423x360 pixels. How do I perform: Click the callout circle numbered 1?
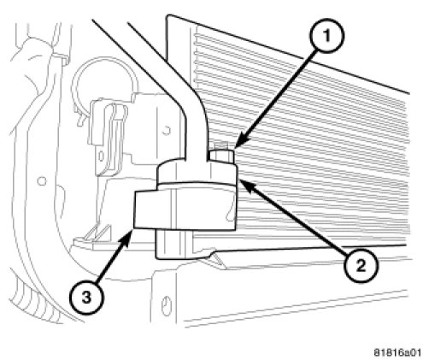[x=327, y=36]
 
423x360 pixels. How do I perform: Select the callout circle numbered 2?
[x=361, y=266]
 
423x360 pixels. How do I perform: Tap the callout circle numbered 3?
[x=86, y=298]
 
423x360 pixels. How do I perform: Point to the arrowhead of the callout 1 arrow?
[x=239, y=142]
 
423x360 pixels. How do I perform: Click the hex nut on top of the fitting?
[x=222, y=157]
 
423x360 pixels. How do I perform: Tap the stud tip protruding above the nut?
[x=220, y=146]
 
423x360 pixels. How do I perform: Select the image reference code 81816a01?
[x=397, y=352]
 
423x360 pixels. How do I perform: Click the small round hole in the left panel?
[x=42, y=181]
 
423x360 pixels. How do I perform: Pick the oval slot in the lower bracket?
[x=165, y=306]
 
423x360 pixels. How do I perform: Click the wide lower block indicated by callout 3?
[x=185, y=210]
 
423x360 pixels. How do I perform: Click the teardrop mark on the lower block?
[x=231, y=212]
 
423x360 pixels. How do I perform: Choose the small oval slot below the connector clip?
[x=101, y=156]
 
